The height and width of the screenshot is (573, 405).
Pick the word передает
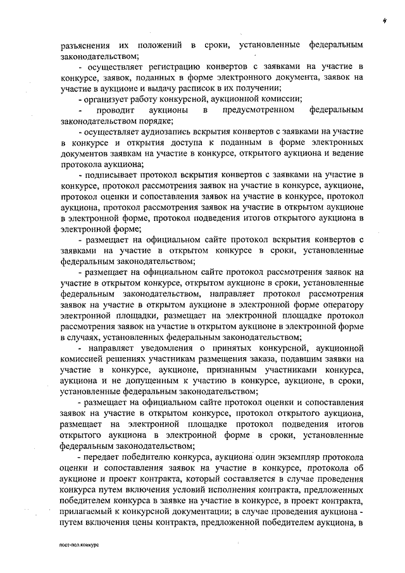(103, 457)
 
